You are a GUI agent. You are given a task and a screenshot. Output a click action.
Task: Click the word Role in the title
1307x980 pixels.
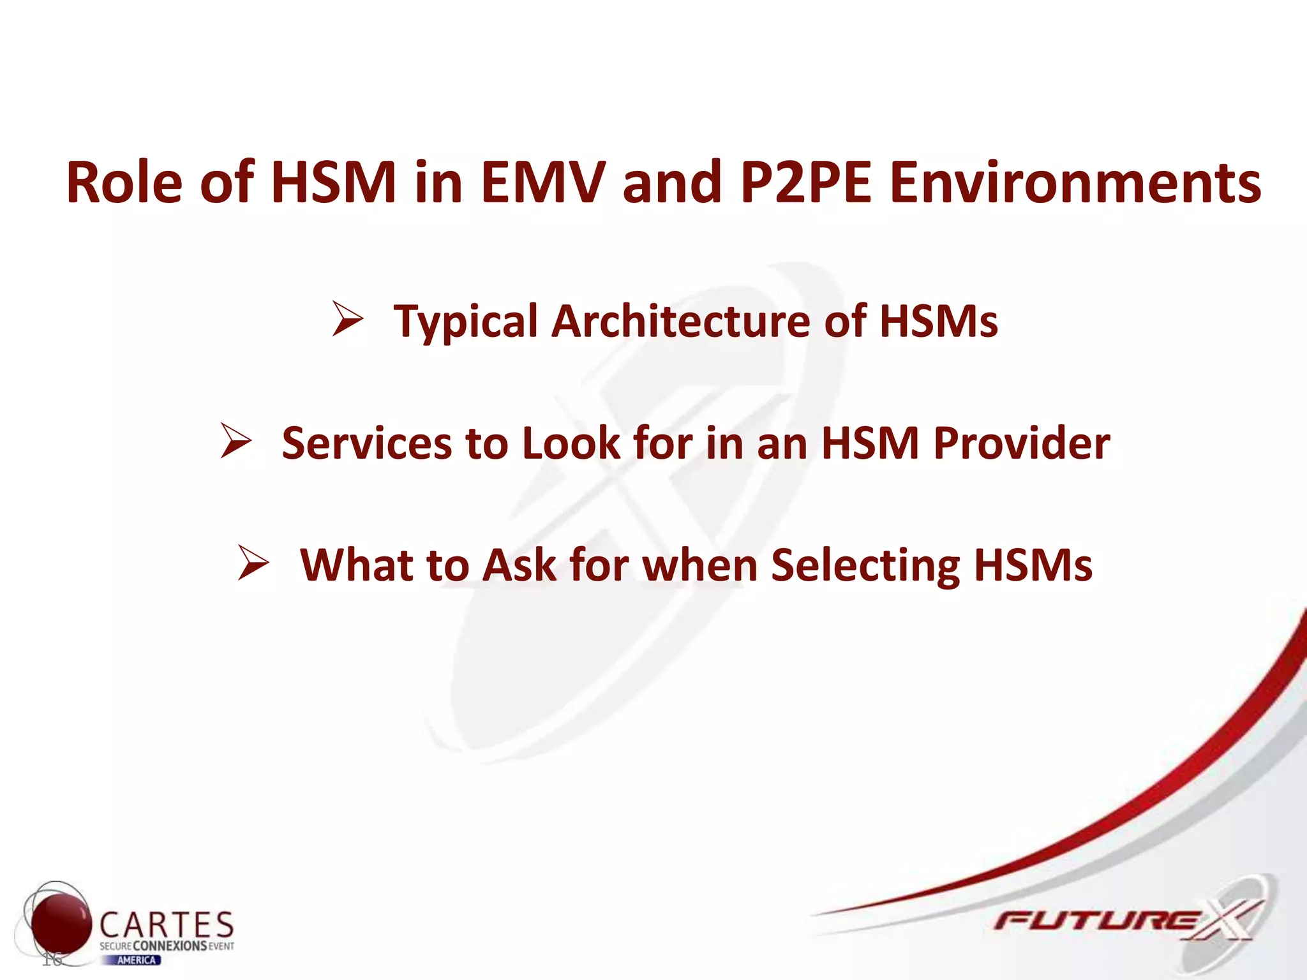(124, 183)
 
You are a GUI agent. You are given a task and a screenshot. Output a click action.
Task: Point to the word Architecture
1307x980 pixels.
(681, 321)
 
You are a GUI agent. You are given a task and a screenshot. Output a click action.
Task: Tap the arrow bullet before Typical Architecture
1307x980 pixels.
(348, 320)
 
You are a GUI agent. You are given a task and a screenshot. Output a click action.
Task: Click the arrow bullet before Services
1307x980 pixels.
(236, 442)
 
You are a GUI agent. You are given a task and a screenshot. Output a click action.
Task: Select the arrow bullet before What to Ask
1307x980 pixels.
(253, 563)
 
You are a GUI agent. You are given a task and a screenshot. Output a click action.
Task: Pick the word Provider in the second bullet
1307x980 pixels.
(1021, 443)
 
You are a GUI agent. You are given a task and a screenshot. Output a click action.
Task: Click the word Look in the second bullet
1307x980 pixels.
(571, 443)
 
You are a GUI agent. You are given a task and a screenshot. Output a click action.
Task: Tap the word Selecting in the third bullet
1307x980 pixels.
(865, 566)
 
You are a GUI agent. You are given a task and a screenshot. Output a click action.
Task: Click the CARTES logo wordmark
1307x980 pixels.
(167, 924)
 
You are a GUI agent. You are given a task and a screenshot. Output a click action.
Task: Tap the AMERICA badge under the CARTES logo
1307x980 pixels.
(137, 960)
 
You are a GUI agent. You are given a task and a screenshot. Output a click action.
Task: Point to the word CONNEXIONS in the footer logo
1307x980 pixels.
(170, 946)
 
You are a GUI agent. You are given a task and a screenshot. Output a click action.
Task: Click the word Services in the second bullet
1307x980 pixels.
(366, 443)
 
